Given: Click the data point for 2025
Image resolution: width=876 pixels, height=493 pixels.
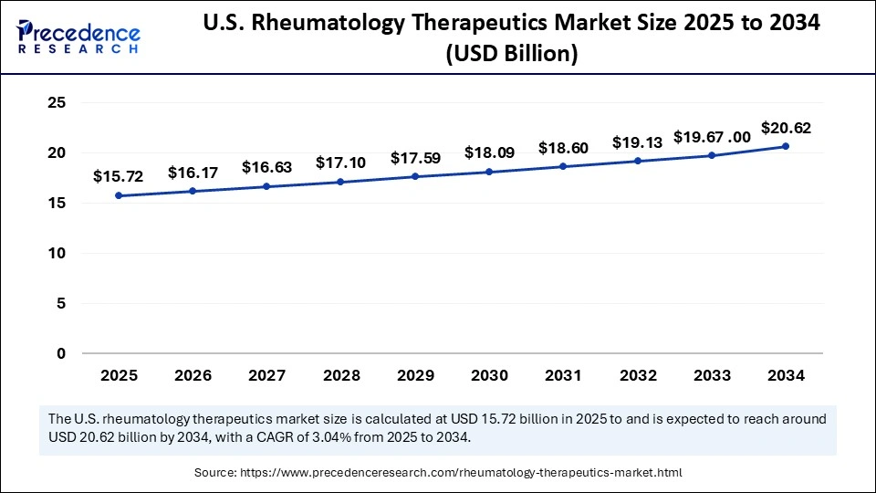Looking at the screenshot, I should coord(119,195).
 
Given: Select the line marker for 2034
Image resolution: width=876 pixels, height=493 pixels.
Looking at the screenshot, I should coord(786,146).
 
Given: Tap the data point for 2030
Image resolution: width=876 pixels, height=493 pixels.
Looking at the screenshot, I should coord(489,172).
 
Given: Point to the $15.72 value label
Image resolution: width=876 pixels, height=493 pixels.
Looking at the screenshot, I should coord(119,176).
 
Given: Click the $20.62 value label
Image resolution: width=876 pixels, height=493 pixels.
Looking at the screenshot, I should coord(786,128).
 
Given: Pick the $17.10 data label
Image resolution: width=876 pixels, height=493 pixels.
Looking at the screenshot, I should coord(341,163).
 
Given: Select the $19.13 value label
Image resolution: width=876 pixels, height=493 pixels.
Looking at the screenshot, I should coord(638,142).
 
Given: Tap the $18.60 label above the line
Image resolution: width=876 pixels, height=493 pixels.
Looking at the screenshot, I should coord(563,148).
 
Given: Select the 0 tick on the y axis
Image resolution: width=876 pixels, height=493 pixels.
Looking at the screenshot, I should coord(61,353).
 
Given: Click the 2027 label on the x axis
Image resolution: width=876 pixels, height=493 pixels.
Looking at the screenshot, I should coord(266,374).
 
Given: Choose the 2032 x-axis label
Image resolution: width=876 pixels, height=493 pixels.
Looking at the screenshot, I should coord(638,374).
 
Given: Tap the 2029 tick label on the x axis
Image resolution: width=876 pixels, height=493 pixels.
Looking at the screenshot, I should coord(415,374).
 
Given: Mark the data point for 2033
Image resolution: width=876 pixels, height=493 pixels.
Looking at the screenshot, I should coord(712,155).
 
